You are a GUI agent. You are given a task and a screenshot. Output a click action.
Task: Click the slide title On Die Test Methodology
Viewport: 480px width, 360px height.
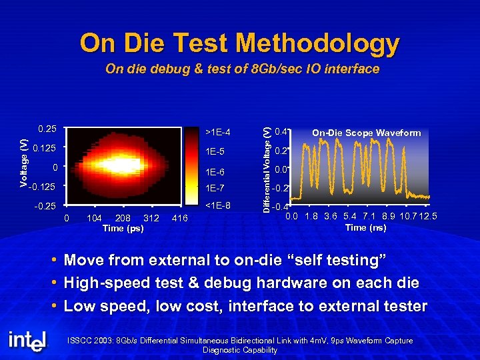[x=239, y=43]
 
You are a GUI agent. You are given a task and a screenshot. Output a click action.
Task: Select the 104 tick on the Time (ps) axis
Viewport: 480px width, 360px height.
[x=94, y=218]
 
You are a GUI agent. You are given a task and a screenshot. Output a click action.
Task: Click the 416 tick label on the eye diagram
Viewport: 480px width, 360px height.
[x=180, y=218]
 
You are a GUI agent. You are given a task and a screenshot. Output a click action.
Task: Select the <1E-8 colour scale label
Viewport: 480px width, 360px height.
[x=218, y=205]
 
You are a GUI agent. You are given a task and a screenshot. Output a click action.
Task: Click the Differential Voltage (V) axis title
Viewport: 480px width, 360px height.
[x=266, y=170]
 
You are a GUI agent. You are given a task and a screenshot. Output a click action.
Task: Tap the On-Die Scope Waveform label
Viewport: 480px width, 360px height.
[x=367, y=133]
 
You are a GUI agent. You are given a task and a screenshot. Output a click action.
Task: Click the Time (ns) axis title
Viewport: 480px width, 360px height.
[x=365, y=227]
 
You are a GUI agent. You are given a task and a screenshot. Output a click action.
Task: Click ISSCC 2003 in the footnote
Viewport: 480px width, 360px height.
[x=90, y=341]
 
